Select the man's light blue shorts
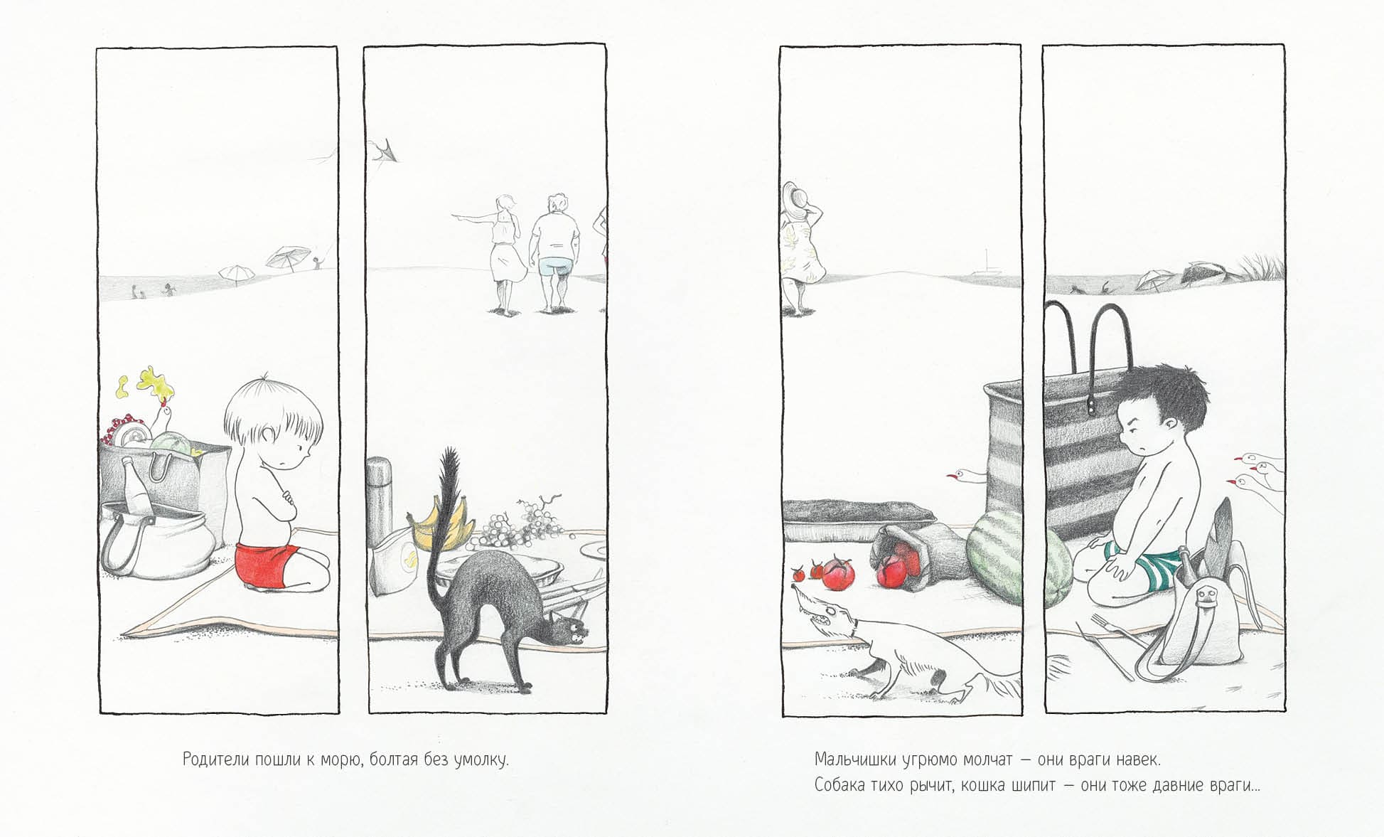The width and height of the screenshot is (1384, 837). coord(555,266)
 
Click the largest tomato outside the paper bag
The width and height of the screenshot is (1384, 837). coord(839,574)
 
